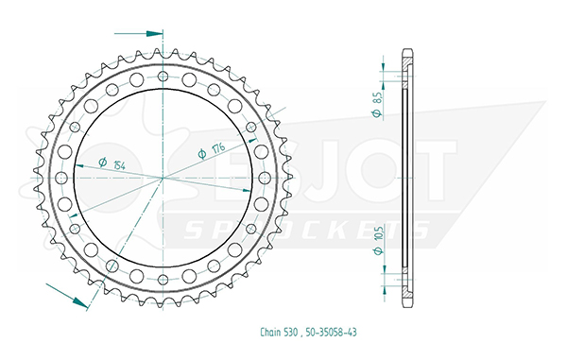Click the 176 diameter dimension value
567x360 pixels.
218,148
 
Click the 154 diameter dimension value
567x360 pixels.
119,165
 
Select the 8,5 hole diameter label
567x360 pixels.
377,98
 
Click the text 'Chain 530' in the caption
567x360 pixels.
279,333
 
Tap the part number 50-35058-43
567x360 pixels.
331,333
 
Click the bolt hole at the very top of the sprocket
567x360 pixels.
163,77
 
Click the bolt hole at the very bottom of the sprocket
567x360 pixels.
163,280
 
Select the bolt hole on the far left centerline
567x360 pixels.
61,178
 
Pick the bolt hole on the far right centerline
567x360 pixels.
265,178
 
